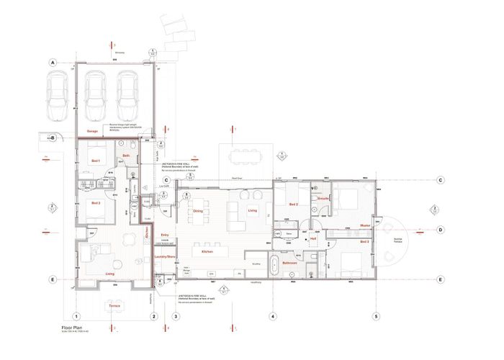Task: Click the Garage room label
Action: pos(92,132)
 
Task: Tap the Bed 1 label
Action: pos(94,161)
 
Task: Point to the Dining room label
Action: pos(197,210)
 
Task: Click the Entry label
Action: pos(165,235)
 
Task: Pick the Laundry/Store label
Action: pos(165,256)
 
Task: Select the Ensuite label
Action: pos(323,198)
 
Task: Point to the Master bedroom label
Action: pos(365,225)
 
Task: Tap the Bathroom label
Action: pos(290,264)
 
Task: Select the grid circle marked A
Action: pos(53,63)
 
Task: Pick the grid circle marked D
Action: pos(438,230)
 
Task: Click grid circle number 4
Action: pos(273,316)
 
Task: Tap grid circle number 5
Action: pos(376,316)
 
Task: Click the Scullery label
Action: pos(256,264)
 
